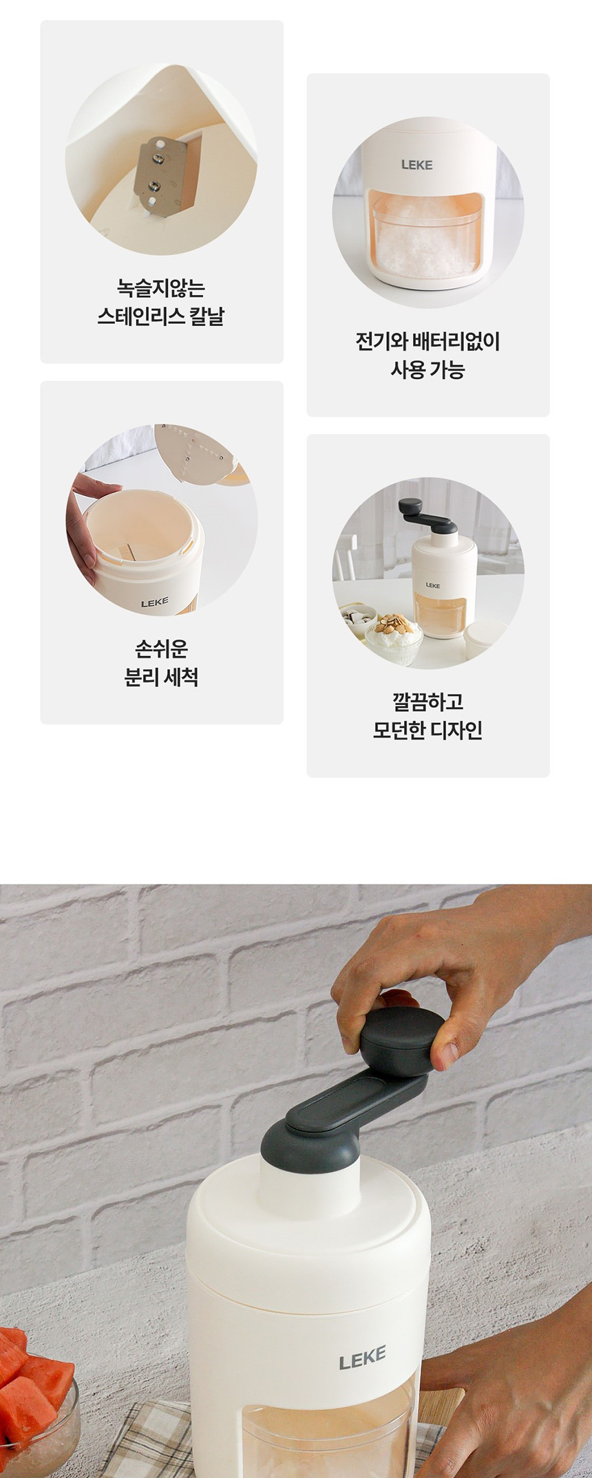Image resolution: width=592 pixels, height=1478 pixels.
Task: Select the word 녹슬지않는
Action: tap(161, 287)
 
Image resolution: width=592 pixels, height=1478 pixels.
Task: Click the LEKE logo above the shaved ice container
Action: tap(416, 164)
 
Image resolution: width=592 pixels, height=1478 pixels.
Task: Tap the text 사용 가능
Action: tap(427, 369)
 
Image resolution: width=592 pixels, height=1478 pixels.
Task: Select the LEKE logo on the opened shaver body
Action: tap(154, 602)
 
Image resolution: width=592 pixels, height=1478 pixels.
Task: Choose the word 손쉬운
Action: tap(161, 649)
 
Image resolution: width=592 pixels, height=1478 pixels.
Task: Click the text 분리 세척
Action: tap(161, 677)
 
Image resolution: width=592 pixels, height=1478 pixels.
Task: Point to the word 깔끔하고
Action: tap(427, 702)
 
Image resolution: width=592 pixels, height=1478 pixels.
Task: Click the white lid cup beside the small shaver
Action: tap(485, 640)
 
